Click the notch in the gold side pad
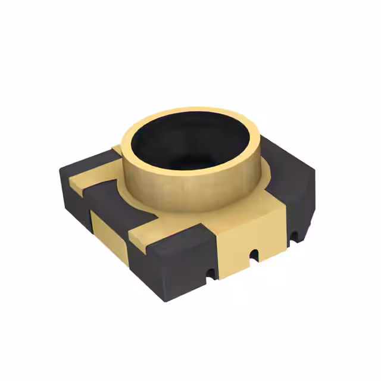pyautogui.click(x=254, y=255)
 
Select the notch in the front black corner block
pyautogui.click(x=208, y=274)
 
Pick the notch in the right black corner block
pyautogui.click(x=293, y=238)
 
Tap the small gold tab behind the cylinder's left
pyautogui.click(x=117, y=149)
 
